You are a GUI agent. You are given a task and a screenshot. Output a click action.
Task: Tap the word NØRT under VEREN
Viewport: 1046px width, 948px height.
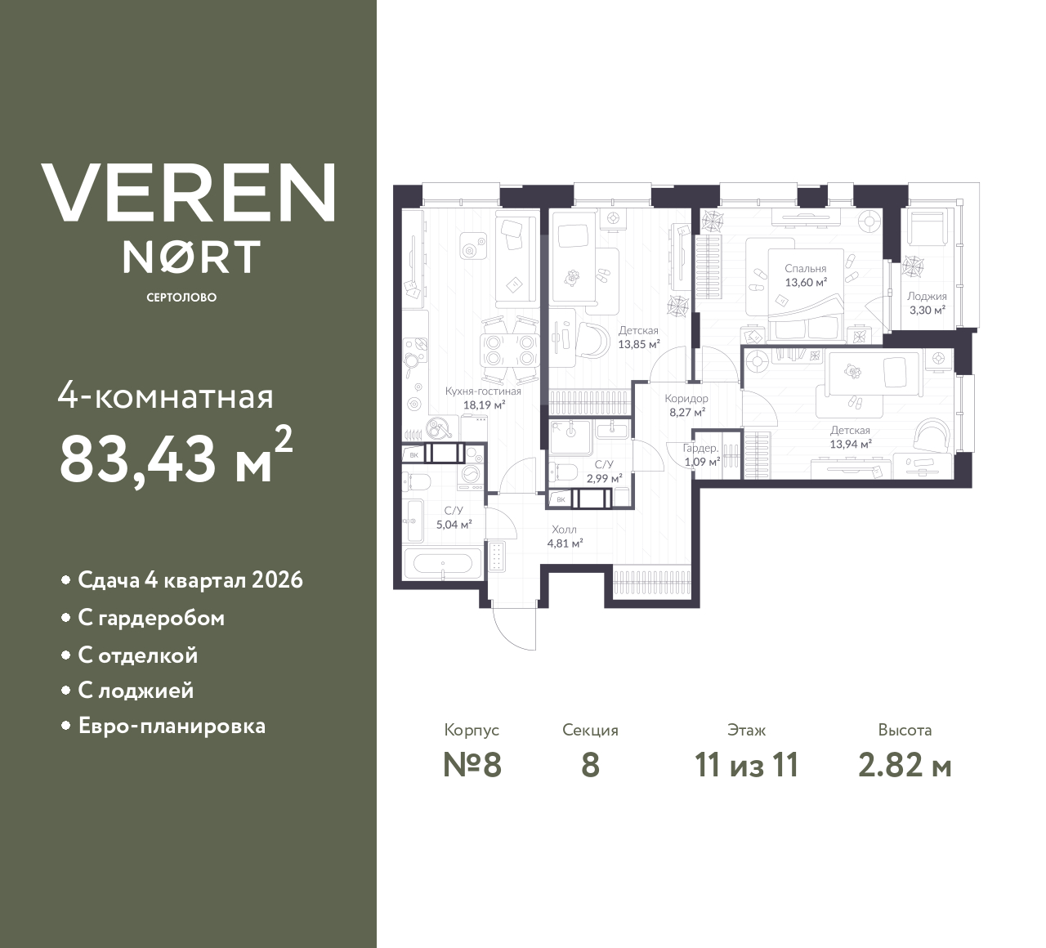pos(191,256)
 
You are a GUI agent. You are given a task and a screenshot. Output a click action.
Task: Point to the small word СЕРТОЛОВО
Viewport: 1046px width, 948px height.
pos(181,297)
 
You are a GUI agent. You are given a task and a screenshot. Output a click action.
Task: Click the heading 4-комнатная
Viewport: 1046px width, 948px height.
pos(166,397)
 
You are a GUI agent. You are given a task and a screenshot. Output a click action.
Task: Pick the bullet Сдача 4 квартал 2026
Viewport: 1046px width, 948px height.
pos(190,580)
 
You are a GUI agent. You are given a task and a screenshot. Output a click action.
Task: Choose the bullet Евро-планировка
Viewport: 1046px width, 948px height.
pos(172,726)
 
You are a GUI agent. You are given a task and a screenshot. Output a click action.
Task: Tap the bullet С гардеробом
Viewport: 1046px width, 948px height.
pos(151,618)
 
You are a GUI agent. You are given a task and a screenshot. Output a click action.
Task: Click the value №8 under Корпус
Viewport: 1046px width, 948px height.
pos(472,766)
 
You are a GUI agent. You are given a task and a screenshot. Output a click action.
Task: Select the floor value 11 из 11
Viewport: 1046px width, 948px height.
pos(746,766)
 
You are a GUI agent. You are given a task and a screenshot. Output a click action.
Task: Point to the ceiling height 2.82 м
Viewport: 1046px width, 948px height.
pos(905,766)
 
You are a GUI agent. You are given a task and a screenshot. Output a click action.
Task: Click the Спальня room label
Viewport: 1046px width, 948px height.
pos(806,268)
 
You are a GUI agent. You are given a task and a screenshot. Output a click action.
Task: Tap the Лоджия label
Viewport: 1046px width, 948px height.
pos(927,297)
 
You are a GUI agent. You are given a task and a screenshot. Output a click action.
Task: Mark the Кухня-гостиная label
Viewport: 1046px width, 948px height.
pos(483,391)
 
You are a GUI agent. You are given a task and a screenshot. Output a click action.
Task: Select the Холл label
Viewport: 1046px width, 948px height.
pos(564,530)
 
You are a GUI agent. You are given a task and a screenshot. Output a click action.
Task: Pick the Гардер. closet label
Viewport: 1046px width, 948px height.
pos(700,448)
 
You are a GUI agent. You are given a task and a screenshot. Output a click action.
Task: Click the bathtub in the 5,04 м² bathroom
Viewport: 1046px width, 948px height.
pos(440,563)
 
